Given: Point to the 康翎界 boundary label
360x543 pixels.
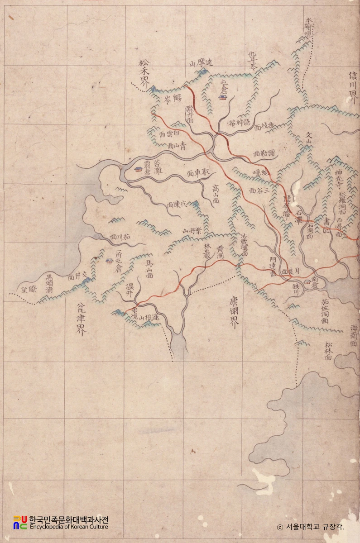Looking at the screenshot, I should pyautogui.click(x=234, y=314).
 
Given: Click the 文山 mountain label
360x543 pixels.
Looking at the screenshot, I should pyautogui.click(x=310, y=138).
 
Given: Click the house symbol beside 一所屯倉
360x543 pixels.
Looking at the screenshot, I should pyautogui.click(x=109, y=261).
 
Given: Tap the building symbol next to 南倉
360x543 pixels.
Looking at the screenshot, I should pyautogui.click(x=307, y=281).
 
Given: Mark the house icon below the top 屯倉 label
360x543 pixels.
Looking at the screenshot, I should pyautogui.click(x=223, y=97).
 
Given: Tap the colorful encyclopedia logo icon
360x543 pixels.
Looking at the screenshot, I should pyautogui.click(x=20, y=522).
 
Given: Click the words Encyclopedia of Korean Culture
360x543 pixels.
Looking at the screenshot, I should pyautogui.click(x=68, y=527).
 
